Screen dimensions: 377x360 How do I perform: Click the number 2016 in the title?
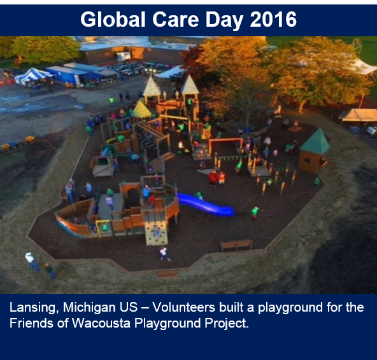[273, 20]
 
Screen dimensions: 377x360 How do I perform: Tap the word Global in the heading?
[113, 19]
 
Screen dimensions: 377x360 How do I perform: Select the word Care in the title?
[175, 20]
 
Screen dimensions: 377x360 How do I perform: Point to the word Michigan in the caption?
[89, 308]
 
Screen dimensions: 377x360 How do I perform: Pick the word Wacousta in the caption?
[101, 323]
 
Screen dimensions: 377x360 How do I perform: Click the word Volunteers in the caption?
[183, 307]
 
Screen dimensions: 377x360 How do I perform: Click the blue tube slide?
[206, 205]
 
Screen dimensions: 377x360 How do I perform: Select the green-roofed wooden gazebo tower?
[314, 151]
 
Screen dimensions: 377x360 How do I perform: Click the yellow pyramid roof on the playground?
[141, 110]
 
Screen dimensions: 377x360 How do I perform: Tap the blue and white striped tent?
[32, 76]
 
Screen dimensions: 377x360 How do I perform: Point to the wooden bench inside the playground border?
[236, 246]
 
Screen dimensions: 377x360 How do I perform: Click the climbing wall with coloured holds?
[157, 233]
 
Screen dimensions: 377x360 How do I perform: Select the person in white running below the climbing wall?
[165, 254]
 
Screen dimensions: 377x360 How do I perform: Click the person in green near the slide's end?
[255, 213]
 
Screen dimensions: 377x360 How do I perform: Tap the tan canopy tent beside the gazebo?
[359, 115]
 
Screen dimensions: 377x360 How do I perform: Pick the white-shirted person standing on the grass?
[32, 261]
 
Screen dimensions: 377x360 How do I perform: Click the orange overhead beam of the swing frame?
[225, 140]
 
